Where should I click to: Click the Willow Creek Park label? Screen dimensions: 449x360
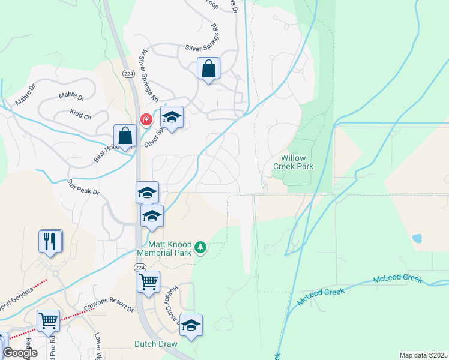coord(293,161)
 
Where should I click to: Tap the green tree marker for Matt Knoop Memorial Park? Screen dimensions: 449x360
coord(201,248)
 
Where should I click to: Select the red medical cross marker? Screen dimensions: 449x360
coord(145,120)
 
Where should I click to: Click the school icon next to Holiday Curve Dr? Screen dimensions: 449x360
coord(191,325)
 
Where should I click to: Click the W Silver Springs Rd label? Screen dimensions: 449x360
coord(148,83)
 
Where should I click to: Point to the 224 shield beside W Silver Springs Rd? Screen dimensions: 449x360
coord(127,73)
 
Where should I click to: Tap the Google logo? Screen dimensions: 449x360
coord(20,353)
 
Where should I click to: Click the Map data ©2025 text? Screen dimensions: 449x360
coord(423,355)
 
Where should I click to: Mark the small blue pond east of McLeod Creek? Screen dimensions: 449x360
coord(417,238)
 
